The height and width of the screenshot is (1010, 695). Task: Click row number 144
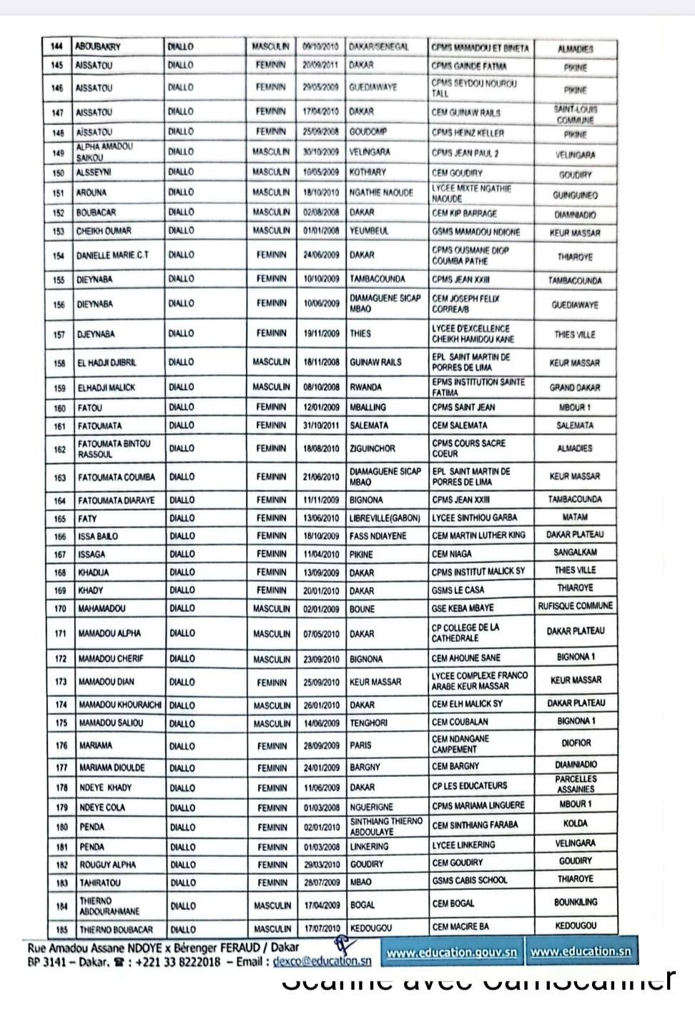point(57,47)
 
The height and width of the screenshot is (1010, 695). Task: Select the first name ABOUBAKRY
point(98,47)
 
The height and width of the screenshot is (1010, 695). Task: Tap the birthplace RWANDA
point(365,387)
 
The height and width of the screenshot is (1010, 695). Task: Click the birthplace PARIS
point(360,745)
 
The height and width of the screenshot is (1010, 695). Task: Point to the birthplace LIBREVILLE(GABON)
point(385,518)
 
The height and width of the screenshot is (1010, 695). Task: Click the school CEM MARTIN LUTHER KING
point(478,535)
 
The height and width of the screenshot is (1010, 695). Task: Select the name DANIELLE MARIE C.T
point(112,255)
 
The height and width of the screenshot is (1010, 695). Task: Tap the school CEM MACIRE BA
point(460,926)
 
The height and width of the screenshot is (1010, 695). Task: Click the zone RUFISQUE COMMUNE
point(575,606)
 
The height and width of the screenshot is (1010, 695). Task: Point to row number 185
point(61,929)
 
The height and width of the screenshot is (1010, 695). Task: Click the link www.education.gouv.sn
point(452,952)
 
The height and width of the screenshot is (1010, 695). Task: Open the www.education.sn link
point(580,952)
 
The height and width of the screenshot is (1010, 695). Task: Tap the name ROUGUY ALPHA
point(107,865)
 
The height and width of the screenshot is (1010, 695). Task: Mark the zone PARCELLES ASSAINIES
point(575,784)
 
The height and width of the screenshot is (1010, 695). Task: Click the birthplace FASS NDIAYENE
point(379,535)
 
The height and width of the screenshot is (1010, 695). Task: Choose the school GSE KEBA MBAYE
point(463,608)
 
